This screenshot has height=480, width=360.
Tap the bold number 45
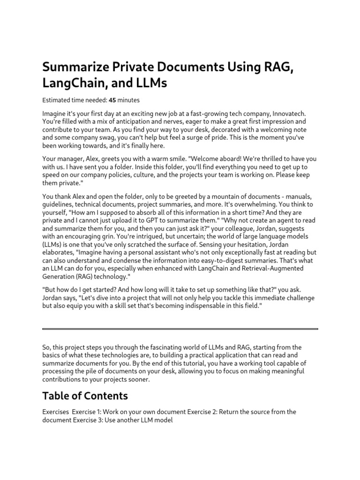112,100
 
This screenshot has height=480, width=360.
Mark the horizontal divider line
180,329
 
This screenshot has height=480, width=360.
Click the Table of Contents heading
85,396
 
